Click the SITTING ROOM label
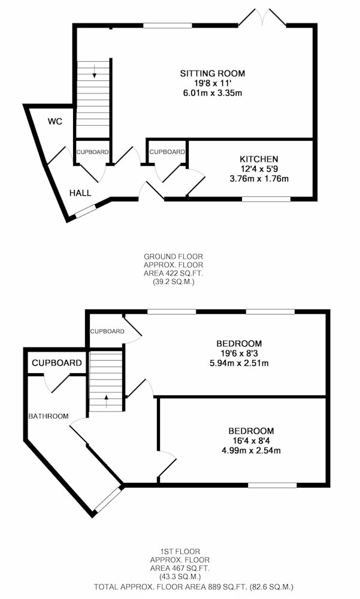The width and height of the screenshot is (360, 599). pos(213,73)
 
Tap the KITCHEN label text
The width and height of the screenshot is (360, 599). pos(259,159)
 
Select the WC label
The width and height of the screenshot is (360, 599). pos(55,122)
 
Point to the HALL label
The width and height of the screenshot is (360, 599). pos(80,193)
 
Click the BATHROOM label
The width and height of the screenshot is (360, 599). pos(49,416)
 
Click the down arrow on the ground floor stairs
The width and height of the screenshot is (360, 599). pos(94,71)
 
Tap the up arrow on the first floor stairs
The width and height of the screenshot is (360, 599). pos(106,401)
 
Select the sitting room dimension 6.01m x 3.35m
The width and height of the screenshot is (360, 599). pos(213,93)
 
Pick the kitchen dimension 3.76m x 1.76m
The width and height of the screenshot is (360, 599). pos(259,179)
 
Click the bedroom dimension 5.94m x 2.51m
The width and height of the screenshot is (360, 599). pos(239,363)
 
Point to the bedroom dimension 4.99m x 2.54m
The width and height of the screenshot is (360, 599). pos(251,450)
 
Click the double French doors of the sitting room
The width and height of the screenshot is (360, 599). pos(262,17)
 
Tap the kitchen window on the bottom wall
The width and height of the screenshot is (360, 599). pos(267,199)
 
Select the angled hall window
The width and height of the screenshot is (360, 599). pos(85,211)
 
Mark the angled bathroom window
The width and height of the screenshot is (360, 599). pos(108,500)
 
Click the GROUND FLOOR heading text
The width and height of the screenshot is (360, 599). pos(173,257)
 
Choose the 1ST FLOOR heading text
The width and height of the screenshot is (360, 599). pos(180,551)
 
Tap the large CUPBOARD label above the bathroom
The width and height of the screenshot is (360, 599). pos(56,363)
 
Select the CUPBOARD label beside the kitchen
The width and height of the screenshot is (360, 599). pos(167,152)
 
